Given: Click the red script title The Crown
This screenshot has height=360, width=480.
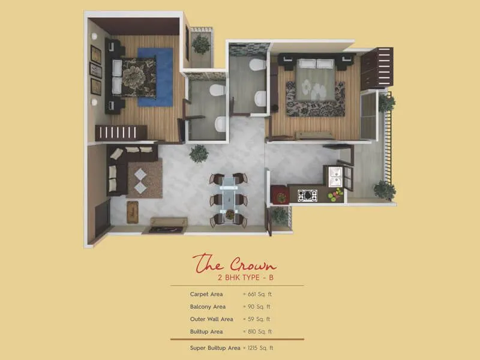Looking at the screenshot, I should coord(235,264).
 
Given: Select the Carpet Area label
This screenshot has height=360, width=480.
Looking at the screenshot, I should coord(206,295).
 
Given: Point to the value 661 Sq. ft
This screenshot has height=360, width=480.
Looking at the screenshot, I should coord(259,295).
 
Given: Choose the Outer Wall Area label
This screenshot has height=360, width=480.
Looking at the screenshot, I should coord(211,319).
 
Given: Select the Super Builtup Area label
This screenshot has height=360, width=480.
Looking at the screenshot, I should coord(215,348).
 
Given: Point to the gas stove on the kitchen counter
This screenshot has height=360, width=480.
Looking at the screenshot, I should coord(308,195).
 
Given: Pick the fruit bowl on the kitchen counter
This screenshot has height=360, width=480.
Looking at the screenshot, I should coord(335,194).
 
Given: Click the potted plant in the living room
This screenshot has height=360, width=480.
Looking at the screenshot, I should coord(199,154).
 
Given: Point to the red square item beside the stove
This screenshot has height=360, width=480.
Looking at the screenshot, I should coord(280,194).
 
